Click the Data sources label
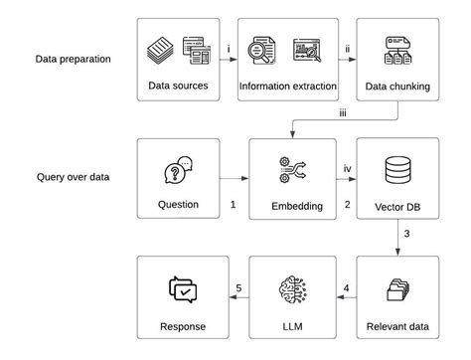click(x=178, y=86)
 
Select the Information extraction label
click(x=287, y=86)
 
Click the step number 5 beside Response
click(x=238, y=288)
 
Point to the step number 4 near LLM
click(x=346, y=288)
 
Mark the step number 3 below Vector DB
click(x=405, y=234)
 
